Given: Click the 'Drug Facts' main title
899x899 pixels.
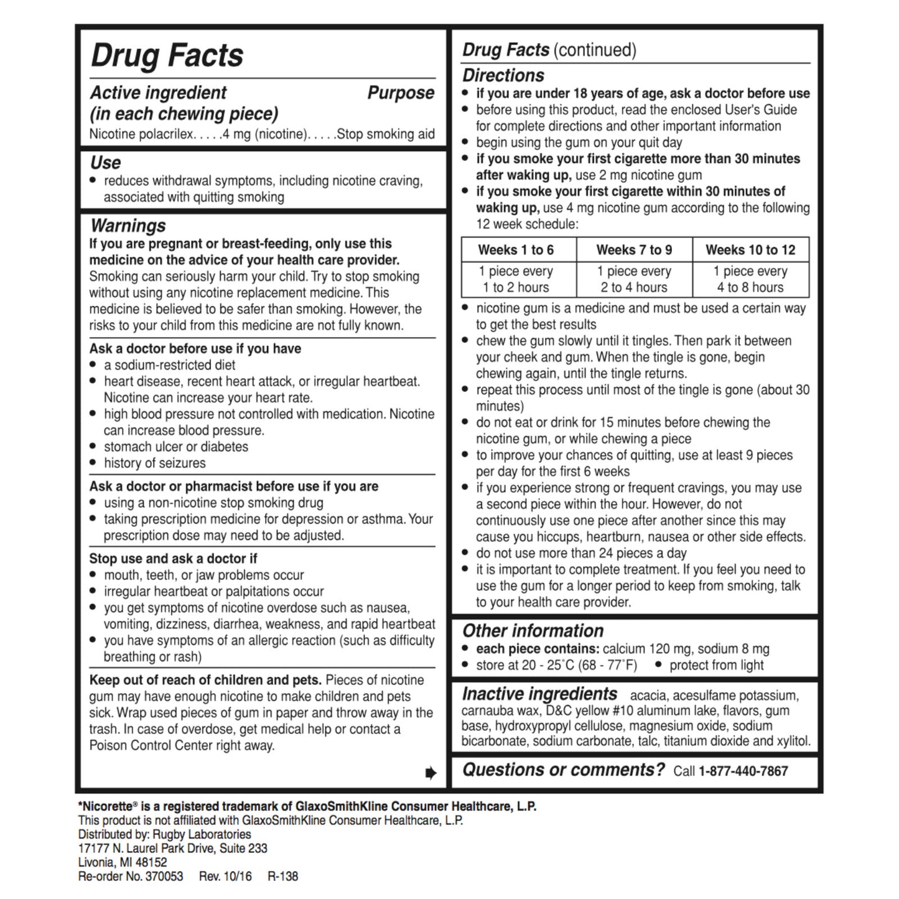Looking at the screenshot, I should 167,55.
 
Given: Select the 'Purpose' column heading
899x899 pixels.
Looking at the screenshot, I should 401,93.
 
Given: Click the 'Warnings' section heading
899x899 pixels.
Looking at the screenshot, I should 128,225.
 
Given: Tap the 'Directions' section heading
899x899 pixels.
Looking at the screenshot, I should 503,75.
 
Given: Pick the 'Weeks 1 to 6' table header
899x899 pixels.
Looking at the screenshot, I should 516,250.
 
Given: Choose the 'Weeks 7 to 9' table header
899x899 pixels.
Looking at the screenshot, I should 634,250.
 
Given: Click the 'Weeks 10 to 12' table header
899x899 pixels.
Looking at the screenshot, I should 750,250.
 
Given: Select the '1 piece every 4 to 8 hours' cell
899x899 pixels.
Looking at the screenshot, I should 750,279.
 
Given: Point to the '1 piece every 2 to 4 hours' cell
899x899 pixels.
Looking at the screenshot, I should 634,279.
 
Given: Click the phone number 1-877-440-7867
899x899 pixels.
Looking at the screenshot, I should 743,771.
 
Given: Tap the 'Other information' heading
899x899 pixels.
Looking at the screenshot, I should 533,630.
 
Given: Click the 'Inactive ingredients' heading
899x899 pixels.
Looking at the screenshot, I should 539,694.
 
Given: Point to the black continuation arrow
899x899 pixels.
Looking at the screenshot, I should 431,773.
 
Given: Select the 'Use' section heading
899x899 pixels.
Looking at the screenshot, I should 106,163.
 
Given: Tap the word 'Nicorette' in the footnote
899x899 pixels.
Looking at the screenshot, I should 106,806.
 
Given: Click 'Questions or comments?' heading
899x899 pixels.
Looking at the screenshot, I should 563,770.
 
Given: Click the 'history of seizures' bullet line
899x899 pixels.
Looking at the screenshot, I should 154,463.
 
